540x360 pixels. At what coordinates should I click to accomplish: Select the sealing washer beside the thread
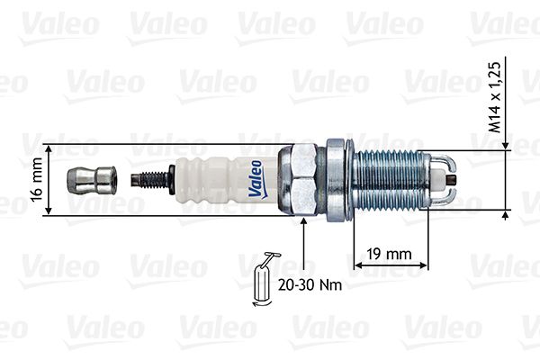pyautogui.click(x=338, y=179)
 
